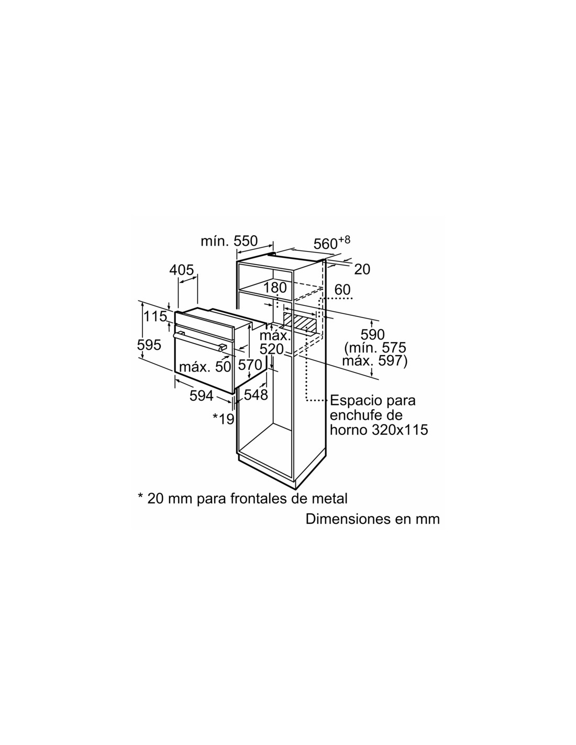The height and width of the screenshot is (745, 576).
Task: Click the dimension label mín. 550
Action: click(x=229, y=241)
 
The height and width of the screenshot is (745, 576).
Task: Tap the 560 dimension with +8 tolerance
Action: click(x=331, y=243)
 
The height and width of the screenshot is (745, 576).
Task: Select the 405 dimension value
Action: click(x=182, y=270)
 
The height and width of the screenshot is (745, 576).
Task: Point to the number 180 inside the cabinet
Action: click(x=275, y=288)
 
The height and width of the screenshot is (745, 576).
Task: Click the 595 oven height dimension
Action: click(x=149, y=345)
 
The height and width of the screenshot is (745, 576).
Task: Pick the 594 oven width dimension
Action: click(x=202, y=396)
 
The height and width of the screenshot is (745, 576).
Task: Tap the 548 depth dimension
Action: click(x=256, y=395)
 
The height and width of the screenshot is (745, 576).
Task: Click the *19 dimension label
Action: click(x=224, y=419)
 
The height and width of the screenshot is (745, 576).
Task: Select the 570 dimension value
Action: click(x=250, y=365)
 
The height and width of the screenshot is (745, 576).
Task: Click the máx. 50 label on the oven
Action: click(x=205, y=367)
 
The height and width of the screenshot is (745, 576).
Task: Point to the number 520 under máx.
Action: click(x=272, y=349)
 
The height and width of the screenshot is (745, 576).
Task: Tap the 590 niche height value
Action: click(x=372, y=334)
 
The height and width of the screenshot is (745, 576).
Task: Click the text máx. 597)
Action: click(x=375, y=361)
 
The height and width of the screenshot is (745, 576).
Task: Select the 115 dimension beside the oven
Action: click(x=155, y=316)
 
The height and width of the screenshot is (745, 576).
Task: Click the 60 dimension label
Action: click(x=342, y=290)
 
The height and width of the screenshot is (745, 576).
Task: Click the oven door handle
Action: click(x=200, y=342)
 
